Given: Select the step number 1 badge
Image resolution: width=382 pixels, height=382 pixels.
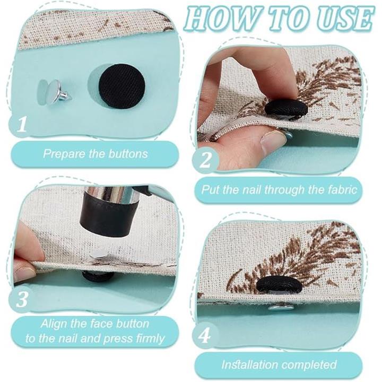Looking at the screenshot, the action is click(x=21, y=124).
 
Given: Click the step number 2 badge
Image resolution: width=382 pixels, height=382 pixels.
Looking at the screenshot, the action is click(x=205, y=160).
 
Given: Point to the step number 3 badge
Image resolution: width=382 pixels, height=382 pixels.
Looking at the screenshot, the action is click(x=21, y=299).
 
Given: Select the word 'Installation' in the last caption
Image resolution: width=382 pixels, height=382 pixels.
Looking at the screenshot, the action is click(x=250, y=364).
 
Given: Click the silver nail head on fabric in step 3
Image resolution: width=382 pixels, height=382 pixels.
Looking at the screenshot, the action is click(x=99, y=254).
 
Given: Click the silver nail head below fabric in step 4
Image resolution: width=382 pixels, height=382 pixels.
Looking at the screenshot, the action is click(x=281, y=308).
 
